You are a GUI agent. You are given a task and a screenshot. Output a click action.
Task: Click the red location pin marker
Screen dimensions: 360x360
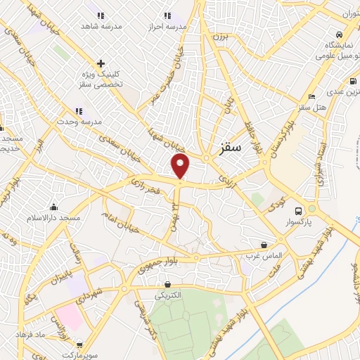(x=181, y=167)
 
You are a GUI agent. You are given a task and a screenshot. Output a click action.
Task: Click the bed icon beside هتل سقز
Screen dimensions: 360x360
(x=312, y=96)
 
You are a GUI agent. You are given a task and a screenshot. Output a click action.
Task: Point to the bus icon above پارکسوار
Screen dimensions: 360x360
(x=298, y=210)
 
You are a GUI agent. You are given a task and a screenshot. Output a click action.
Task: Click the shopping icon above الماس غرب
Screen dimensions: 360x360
(x=264, y=245)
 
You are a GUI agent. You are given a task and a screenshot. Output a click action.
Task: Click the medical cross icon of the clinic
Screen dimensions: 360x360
(x=101, y=64)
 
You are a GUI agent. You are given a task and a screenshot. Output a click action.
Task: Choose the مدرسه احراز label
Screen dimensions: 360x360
(x=166, y=26)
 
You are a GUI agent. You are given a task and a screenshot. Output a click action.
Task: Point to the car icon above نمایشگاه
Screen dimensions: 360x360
(x=339, y=34)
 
